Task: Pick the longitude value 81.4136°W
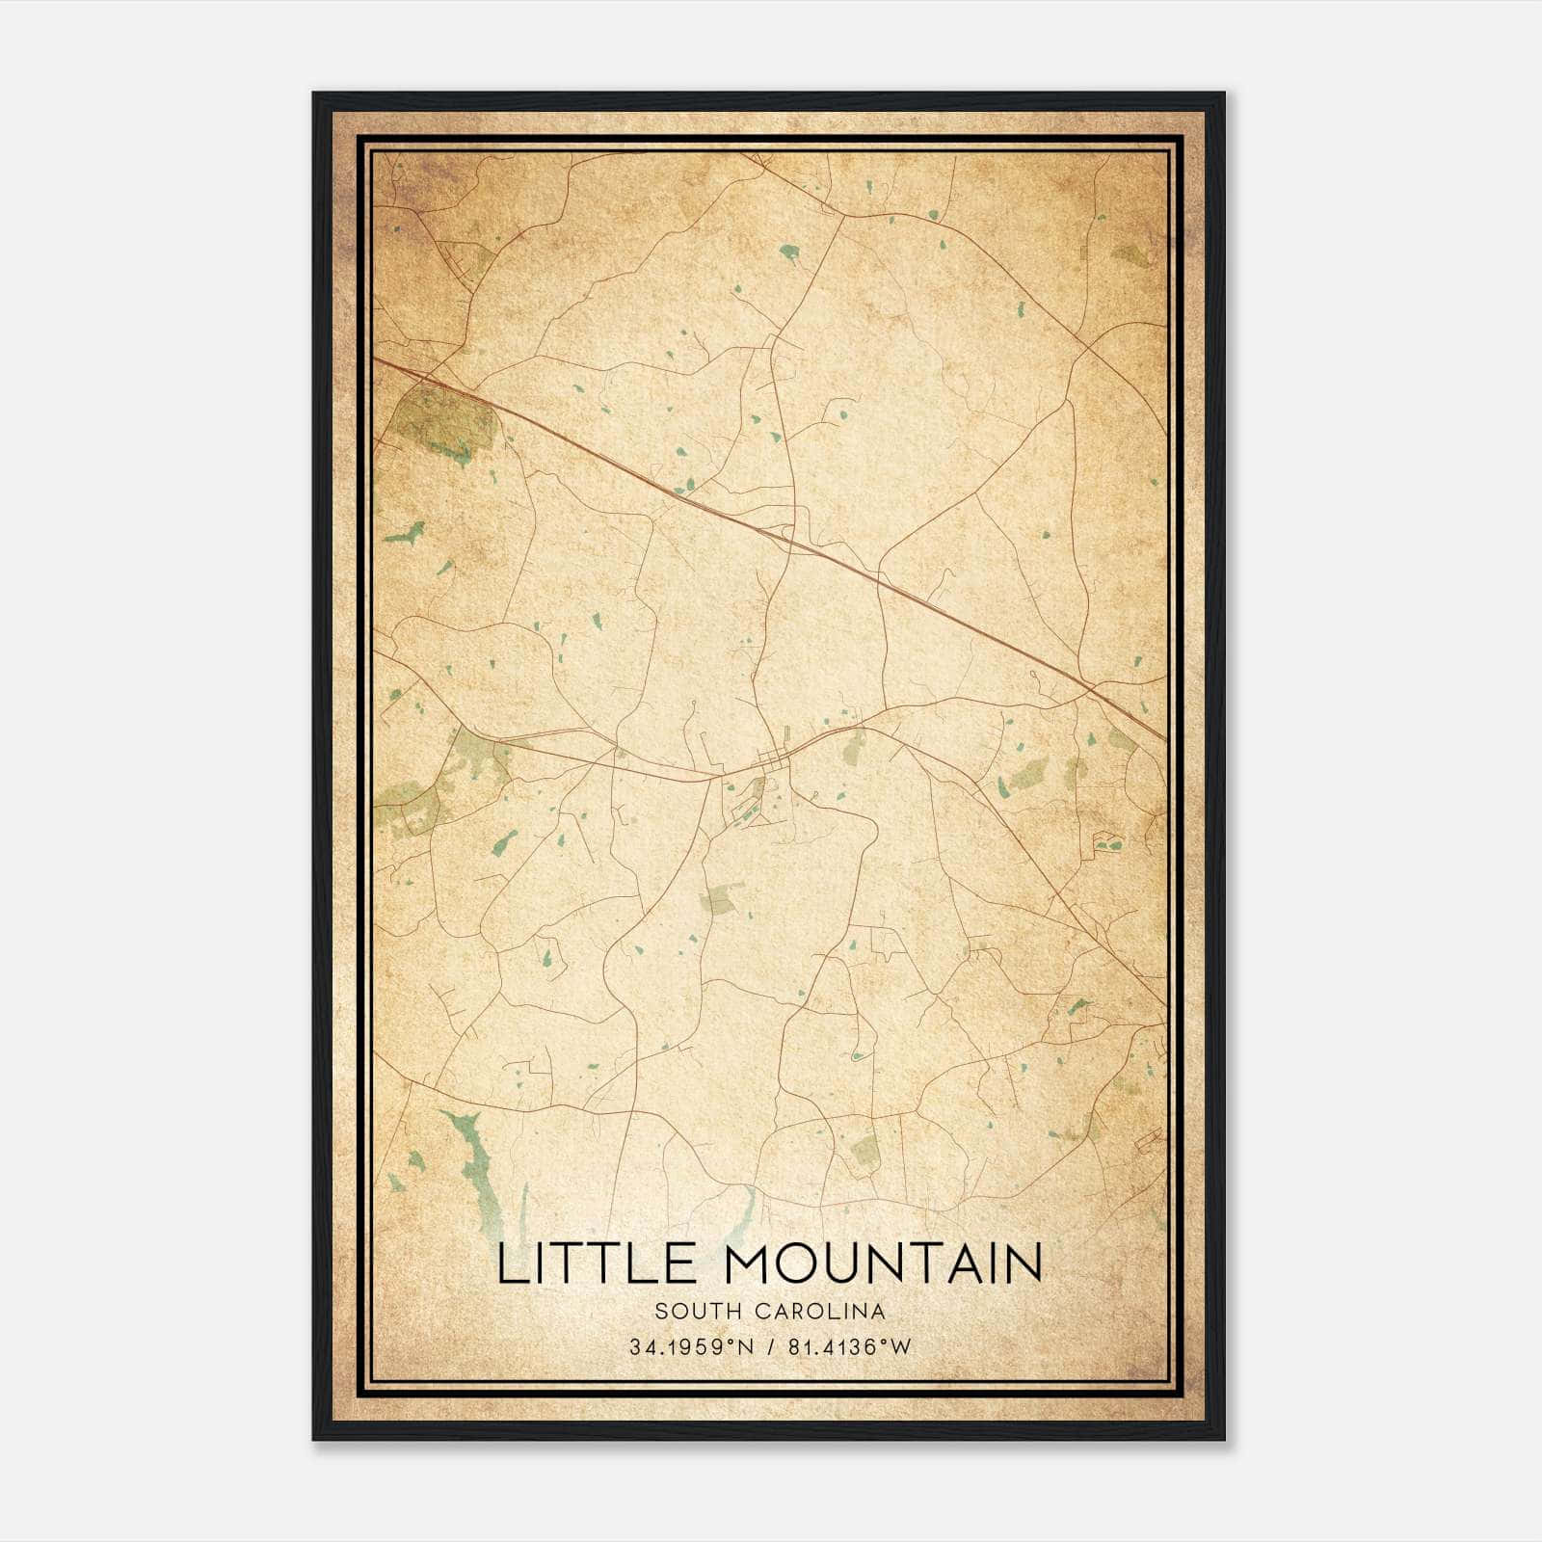click(849, 1347)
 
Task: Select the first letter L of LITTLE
click(511, 1264)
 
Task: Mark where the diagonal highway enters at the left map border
click(375, 359)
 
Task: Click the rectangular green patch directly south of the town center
click(721, 898)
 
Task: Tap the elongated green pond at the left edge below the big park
click(405, 533)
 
